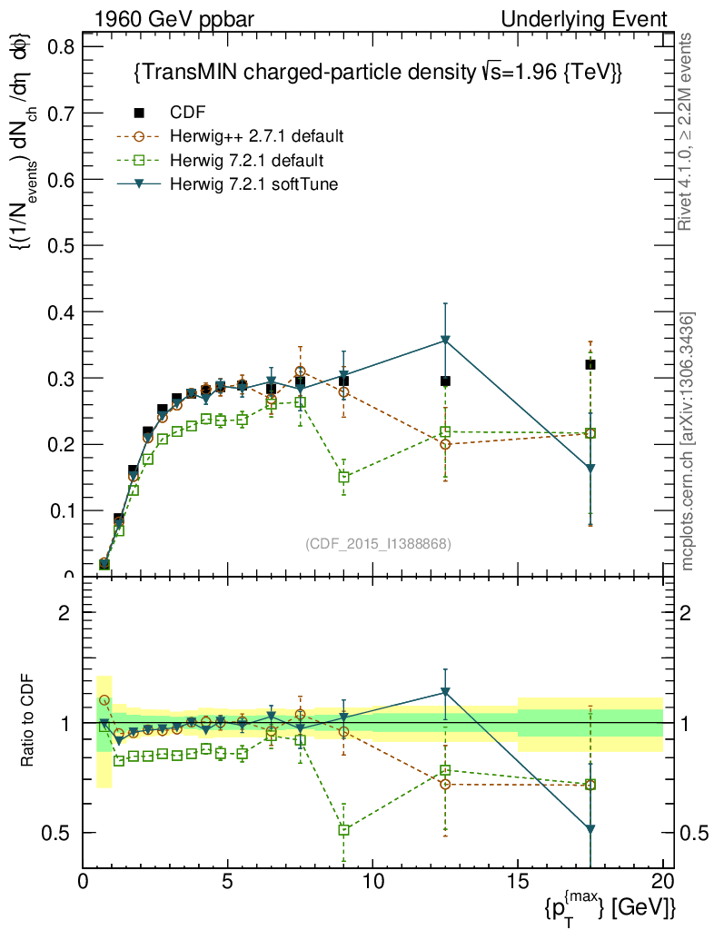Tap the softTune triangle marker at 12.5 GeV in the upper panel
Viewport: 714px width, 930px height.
(x=445, y=341)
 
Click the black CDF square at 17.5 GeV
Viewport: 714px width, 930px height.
(x=590, y=364)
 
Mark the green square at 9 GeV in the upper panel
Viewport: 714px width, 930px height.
(x=343, y=477)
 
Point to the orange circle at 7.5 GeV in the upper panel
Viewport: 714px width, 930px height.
(x=300, y=371)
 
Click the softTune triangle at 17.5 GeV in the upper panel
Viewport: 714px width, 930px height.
(x=590, y=469)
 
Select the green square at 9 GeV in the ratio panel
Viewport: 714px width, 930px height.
(x=343, y=829)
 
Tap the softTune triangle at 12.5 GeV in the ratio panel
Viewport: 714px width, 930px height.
(x=445, y=692)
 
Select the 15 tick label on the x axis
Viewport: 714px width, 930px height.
(x=517, y=880)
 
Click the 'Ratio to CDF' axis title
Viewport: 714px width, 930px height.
(x=27, y=722)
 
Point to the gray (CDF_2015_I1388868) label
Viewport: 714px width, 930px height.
(x=378, y=543)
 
